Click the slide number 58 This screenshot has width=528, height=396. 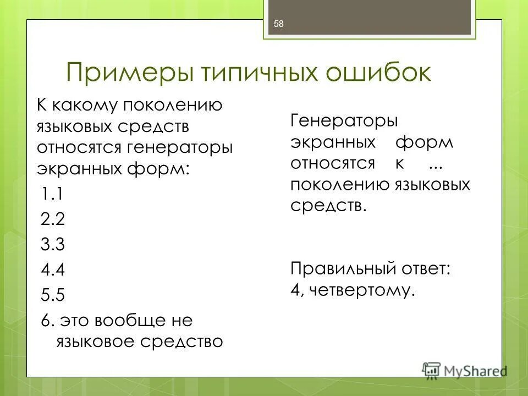278,23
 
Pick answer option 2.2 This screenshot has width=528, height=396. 53,219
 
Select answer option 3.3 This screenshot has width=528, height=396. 53,245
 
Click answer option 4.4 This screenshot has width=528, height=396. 53,270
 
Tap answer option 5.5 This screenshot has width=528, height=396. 53,295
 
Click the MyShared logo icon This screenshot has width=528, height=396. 432,370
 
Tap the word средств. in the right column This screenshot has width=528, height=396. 328,205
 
